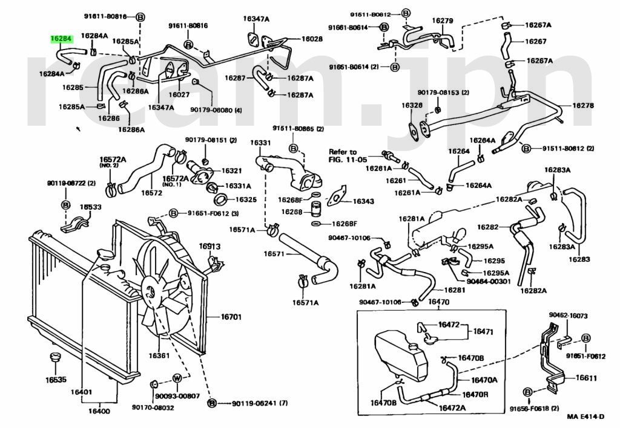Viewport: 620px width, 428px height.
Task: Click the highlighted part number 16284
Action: click(x=61, y=39)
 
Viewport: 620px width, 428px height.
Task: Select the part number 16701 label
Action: click(x=231, y=317)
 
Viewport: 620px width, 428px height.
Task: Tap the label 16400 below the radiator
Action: click(x=99, y=411)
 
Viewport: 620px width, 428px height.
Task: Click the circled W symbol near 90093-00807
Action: click(x=177, y=378)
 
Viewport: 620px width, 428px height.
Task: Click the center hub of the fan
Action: click(x=150, y=292)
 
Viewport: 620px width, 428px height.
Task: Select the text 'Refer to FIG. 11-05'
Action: click(x=348, y=156)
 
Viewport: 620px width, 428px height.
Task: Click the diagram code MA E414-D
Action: click(x=585, y=417)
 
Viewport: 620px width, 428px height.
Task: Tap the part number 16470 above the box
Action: click(x=438, y=302)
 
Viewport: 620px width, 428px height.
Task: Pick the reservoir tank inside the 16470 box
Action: click(x=400, y=355)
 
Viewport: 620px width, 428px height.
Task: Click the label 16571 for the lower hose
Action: click(x=274, y=253)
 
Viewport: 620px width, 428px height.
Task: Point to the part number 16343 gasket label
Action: click(x=363, y=201)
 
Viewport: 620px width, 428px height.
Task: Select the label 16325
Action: click(x=246, y=199)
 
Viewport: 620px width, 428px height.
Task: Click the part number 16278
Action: click(x=583, y=105)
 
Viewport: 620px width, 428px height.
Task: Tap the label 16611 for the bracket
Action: click(x=586, y=378)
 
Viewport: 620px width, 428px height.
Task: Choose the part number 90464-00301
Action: click(x=489, y=282)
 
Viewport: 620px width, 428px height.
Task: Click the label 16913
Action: click(x=209, y=247)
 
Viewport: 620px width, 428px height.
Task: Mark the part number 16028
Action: click(x=312, y=39)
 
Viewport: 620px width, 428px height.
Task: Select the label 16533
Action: click(x=91, y=207)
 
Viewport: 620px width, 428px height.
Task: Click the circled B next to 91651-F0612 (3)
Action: click(x=173, y=213)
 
